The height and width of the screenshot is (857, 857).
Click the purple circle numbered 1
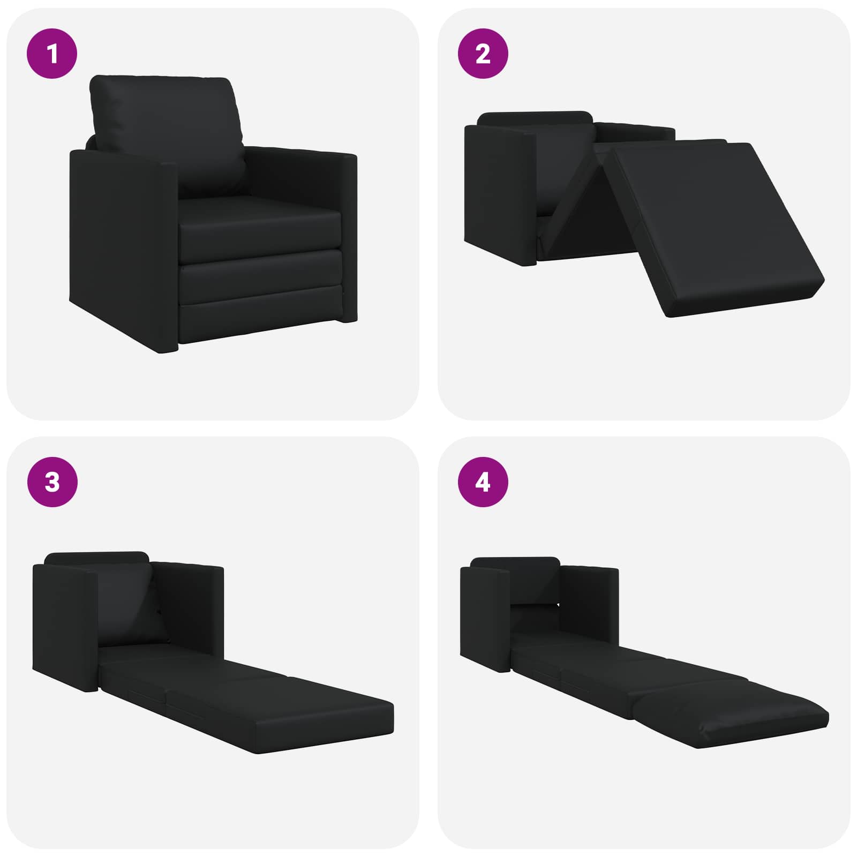pos(52,54)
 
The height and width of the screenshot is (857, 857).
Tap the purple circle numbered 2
pos(483,54)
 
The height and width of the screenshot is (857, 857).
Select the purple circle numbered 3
pos(52,482)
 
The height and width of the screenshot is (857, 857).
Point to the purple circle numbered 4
pos(483,482)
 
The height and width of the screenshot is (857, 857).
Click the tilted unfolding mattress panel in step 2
pos(712,220)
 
